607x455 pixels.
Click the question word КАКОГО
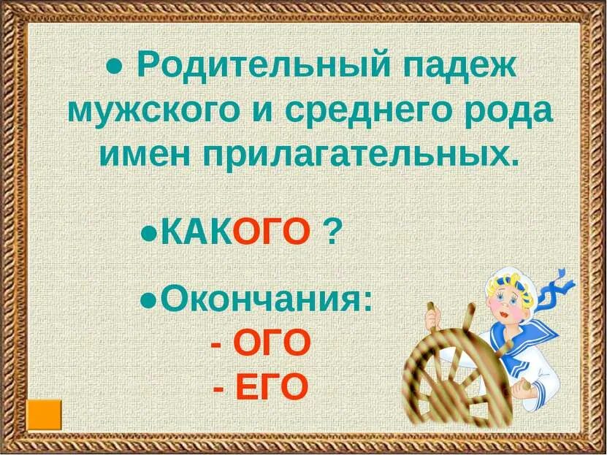(235, 234)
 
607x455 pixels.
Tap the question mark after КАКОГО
(333, 234)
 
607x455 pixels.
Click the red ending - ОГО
(260, 343)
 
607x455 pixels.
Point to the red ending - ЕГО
(260, 386)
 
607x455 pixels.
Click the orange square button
(45, 414)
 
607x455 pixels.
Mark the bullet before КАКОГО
(147, 235)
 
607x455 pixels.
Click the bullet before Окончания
(147, 300)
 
